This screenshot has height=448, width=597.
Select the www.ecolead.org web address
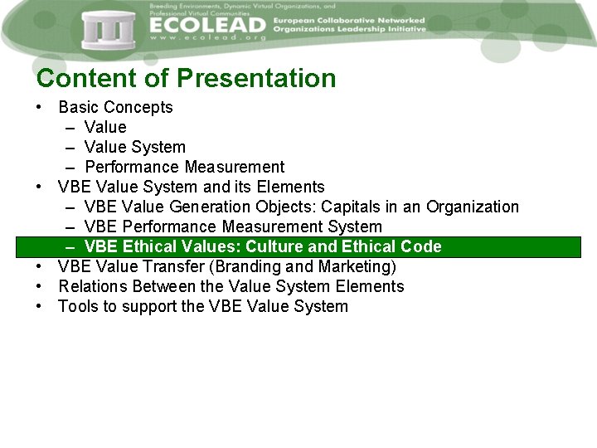click(x=207, y=38)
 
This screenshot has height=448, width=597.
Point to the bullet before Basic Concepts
click(x=39, y=107)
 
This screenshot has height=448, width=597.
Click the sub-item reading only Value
click(x=105, y=127)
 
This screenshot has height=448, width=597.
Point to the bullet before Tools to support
click(x=39, y=306)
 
